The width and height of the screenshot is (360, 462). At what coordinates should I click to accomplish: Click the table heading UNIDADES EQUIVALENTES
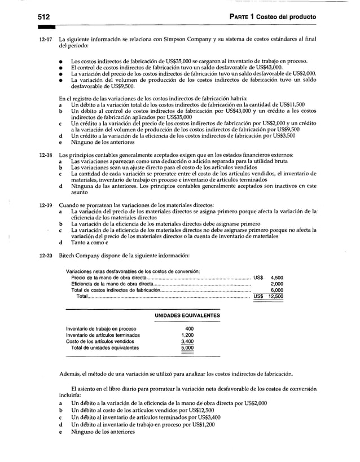pyautogui.click(x=187, y=315)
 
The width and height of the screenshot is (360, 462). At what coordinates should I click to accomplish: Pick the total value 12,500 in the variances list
pyautogui.click(x=276, y=296)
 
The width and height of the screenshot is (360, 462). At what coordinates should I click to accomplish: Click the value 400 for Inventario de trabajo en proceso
pyautogui.click(x=189, y=329)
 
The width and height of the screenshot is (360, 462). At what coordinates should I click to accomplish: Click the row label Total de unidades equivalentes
pyautogui.click(x=104, y=348)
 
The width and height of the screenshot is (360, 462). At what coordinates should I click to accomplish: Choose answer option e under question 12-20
pyautogui.click(x=61, y=432)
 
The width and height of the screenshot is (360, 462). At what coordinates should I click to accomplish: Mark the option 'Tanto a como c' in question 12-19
pyautogui.click(x=90, y=243)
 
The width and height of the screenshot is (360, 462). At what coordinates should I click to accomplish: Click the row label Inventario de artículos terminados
pyautogui.click(x=103, y=335)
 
